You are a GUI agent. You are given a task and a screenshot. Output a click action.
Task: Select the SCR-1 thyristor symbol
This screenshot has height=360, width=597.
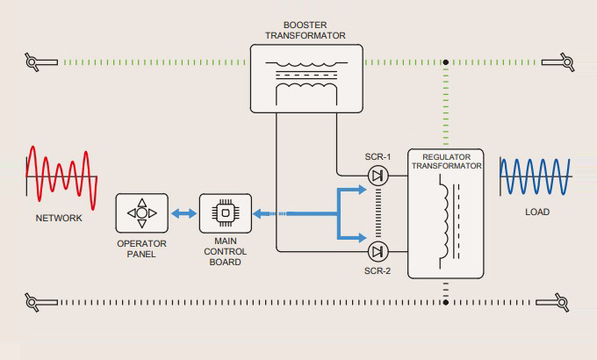pyautogui.click(x=378, y=176)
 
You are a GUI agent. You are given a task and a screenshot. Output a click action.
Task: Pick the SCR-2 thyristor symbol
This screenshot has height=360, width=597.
pyautogui.click(x=378, y=252)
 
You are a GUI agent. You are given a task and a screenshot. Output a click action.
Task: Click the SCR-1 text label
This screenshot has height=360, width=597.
pyautogui.click(x=378, y=157)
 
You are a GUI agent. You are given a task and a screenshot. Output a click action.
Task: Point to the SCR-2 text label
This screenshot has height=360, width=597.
pyautogui.click(x=378, y=270)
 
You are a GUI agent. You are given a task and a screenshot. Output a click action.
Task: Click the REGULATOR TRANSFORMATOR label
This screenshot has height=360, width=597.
pyautogui.click(x=446, y=161)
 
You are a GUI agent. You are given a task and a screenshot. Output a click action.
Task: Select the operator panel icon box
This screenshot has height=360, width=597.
pyautogui.click(x=141, y=213)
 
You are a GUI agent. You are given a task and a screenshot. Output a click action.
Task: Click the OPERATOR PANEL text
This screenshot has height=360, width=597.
pyautogui.click(x=141, y=248)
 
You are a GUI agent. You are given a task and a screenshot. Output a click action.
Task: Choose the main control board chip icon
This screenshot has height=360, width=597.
pyautogui.click(x=225, y=213)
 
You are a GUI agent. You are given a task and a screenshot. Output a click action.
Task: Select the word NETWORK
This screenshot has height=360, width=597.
pyautogui.click(x=60, y=218)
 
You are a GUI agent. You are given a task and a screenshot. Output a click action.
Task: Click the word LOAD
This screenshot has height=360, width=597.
pyautogui.click(x=537, y=213)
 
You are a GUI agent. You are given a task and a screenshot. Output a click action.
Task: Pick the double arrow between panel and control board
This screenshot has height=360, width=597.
pyautogui.click(x=183, y=213)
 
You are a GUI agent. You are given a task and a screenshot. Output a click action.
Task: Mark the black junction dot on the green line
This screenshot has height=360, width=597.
pyautogui.click(x=446, y=62)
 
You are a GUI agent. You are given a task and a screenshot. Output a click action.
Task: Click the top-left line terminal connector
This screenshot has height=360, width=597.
pyautogui.click(x=33, y=61)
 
